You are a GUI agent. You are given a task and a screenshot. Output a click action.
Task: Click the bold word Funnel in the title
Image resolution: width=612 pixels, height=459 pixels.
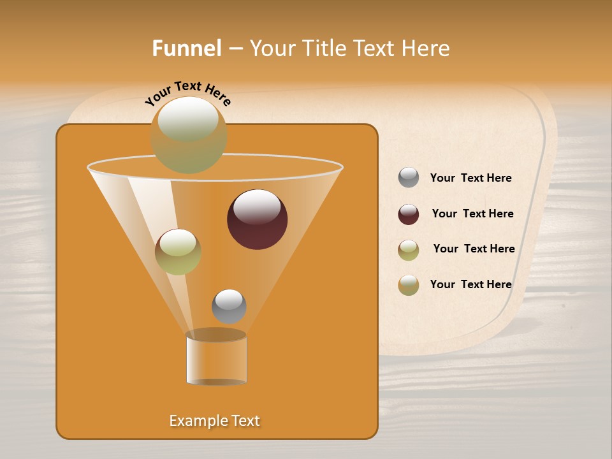(186, 48)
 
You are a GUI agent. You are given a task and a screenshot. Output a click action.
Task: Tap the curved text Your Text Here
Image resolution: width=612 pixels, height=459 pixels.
(187, 93)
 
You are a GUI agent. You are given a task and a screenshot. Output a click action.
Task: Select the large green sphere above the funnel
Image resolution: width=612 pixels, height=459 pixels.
(189, 135)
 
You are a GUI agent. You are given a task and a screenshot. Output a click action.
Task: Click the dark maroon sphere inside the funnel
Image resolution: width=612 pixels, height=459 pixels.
(257, 219)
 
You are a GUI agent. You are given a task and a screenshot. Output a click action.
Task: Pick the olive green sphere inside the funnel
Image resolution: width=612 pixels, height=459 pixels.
(178, 252)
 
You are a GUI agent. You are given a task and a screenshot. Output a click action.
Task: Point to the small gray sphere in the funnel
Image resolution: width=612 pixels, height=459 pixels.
(229, 307)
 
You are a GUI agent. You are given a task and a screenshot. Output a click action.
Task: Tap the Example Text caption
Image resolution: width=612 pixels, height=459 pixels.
(214, 421)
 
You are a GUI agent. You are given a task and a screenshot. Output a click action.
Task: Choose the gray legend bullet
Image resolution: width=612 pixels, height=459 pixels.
(409, 178)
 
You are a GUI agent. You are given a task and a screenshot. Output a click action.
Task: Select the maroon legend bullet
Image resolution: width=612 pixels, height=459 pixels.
(409, 214)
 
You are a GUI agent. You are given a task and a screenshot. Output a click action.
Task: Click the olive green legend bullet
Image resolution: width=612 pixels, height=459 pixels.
(409, 250)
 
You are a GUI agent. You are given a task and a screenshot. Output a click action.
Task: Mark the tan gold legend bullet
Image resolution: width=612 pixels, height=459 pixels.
(409, 285)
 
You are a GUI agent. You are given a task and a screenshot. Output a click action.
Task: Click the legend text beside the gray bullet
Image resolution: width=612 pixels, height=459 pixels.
(470, 178)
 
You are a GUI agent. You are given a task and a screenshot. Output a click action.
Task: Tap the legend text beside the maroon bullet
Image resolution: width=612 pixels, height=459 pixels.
(472, 214)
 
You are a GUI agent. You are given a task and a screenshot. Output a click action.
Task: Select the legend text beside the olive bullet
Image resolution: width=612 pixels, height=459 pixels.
(474, 249)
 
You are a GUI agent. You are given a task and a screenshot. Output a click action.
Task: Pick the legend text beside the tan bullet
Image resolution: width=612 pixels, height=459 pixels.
(470, 284)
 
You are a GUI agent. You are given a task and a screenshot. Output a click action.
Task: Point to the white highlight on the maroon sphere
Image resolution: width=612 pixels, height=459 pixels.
(257, 207)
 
